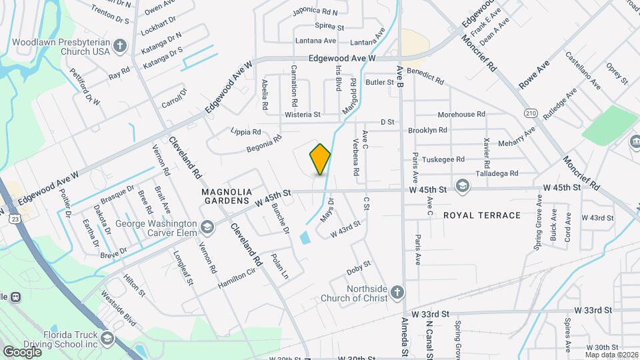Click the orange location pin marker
(320, 159)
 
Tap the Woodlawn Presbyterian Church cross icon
(120, 46)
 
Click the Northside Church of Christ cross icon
(397, 292)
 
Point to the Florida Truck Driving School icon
(107, 339)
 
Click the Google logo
(22, 351)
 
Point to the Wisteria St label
(303, 115)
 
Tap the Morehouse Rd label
(461, 115)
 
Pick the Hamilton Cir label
(237, 279)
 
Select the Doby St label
(359, 270)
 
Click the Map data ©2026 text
(609, 354)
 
